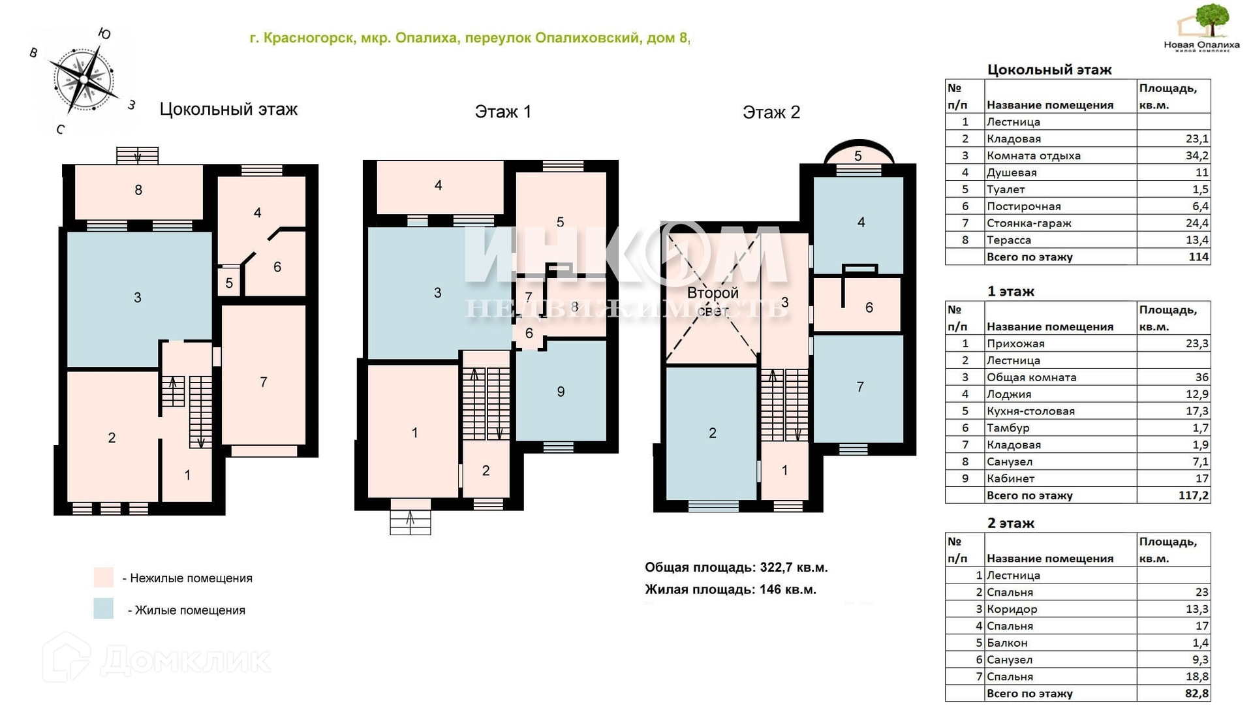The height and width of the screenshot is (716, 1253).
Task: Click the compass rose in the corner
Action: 84,80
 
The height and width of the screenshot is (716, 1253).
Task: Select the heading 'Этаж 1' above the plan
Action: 503,112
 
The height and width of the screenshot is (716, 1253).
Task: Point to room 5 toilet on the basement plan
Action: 229,282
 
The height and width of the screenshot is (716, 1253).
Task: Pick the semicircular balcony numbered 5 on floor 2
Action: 858,152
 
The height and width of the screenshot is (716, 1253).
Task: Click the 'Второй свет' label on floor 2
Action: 712,301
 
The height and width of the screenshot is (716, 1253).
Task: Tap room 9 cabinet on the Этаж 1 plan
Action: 561,391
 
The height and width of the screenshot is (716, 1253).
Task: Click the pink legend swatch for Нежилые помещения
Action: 103,577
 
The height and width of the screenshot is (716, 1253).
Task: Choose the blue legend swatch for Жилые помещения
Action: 103,608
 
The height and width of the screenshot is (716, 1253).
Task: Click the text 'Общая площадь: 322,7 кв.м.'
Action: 736,567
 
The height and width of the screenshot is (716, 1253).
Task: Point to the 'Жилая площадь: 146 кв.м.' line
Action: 730,589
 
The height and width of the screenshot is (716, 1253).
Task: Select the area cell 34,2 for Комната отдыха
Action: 1197,155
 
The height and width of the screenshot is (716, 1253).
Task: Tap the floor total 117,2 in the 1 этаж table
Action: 1193,495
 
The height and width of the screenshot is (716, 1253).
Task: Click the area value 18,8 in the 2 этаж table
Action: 1197,677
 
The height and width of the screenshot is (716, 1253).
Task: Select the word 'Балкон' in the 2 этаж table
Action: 1007,643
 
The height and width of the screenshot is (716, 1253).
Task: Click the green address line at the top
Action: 470,38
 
